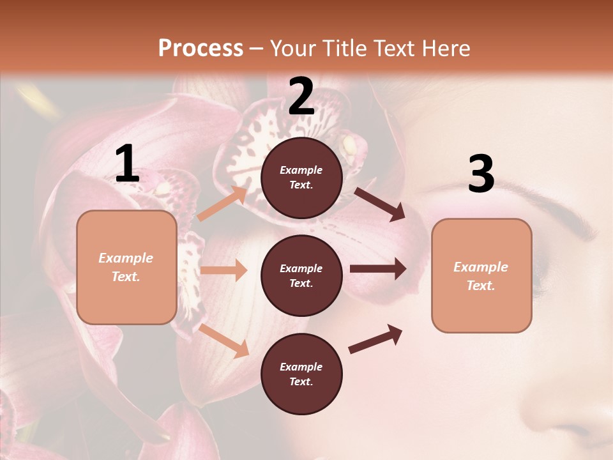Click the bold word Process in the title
tap(201, 49)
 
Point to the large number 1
tap(127, 164)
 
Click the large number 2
tap(301, 96)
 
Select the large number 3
tap(481, 174)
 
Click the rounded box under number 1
tap(126, 267)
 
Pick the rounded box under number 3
tap(481, 275)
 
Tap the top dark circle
tap(301, 178)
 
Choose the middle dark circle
tap(301, 275)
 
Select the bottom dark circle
tap(301, 374)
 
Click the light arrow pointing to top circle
tap(223, 203)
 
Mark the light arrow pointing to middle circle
tap(223, 270)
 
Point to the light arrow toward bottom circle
tap(223, 340)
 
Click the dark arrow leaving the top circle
tap(380, 204)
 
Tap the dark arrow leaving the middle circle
tap(378, 269)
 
